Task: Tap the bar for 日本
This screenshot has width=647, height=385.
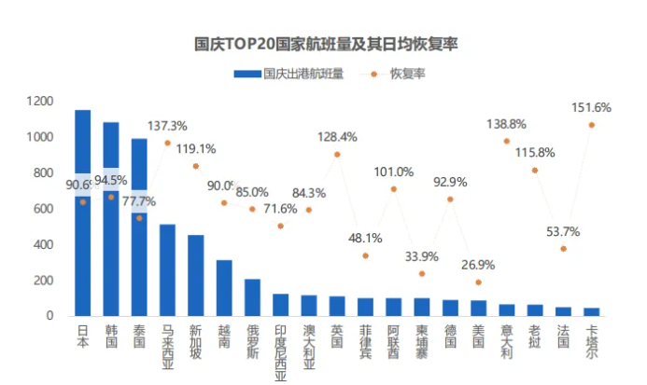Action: tap(83, 214)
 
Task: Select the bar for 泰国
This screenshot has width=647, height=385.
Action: tap(139, 228)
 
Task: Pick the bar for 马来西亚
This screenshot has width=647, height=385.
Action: tap(167, 270)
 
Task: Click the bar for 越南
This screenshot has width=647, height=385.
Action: tap(224, 288)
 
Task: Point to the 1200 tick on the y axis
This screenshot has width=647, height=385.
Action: tap(40, 101)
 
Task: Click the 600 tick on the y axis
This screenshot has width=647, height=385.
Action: tap(44, 209)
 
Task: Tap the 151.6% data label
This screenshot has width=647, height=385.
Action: tap(591, 107)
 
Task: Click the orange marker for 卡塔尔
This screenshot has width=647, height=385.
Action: tap(591, 125)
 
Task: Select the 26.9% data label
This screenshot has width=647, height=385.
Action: tap(478, 265)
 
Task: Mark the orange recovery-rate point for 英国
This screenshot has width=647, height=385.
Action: tap(337, 154)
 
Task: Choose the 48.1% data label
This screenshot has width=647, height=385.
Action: tap(365, 238)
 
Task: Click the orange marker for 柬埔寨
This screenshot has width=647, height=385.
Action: tap(422, 274)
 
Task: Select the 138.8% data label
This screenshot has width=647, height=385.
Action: tap(507, 124)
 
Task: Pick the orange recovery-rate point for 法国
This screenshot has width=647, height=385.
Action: tap(563, 249)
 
